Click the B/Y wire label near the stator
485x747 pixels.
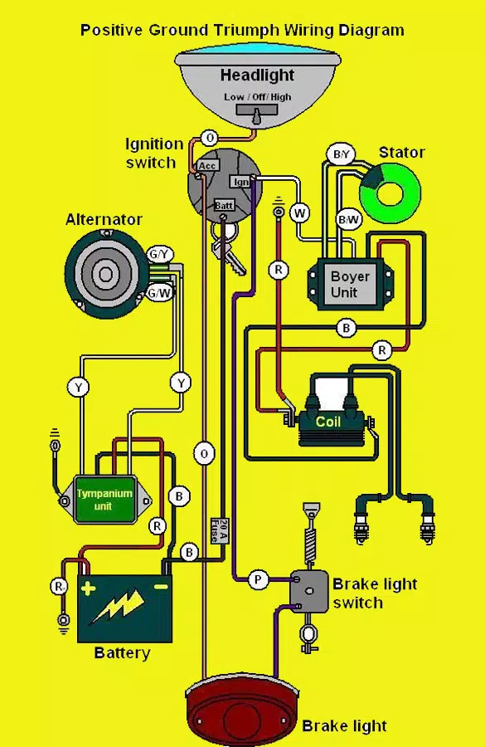tap(342, 154)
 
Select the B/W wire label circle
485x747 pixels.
tap(348, 220)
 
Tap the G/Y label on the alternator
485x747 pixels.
tap(160, 255)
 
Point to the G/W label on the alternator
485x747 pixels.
tap(159, 292)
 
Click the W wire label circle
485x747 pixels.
tap(300, 212)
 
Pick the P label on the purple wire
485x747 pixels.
tap(258, 580)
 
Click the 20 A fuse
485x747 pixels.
tap(220, 530)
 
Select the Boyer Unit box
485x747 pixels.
tap(351, 285)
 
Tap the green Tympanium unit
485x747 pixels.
tap(105, 500)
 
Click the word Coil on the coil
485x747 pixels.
tap(328, 422)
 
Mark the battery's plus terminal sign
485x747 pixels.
tap(88, 588)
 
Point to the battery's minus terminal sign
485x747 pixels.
tap(161, 587)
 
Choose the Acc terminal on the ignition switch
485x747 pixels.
tap(207, 165)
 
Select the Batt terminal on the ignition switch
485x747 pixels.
tap(223, 205)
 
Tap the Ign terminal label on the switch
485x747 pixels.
tap(240, 182)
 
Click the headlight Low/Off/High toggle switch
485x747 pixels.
tap(256, 111)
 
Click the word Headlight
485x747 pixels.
tap(258, 75)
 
